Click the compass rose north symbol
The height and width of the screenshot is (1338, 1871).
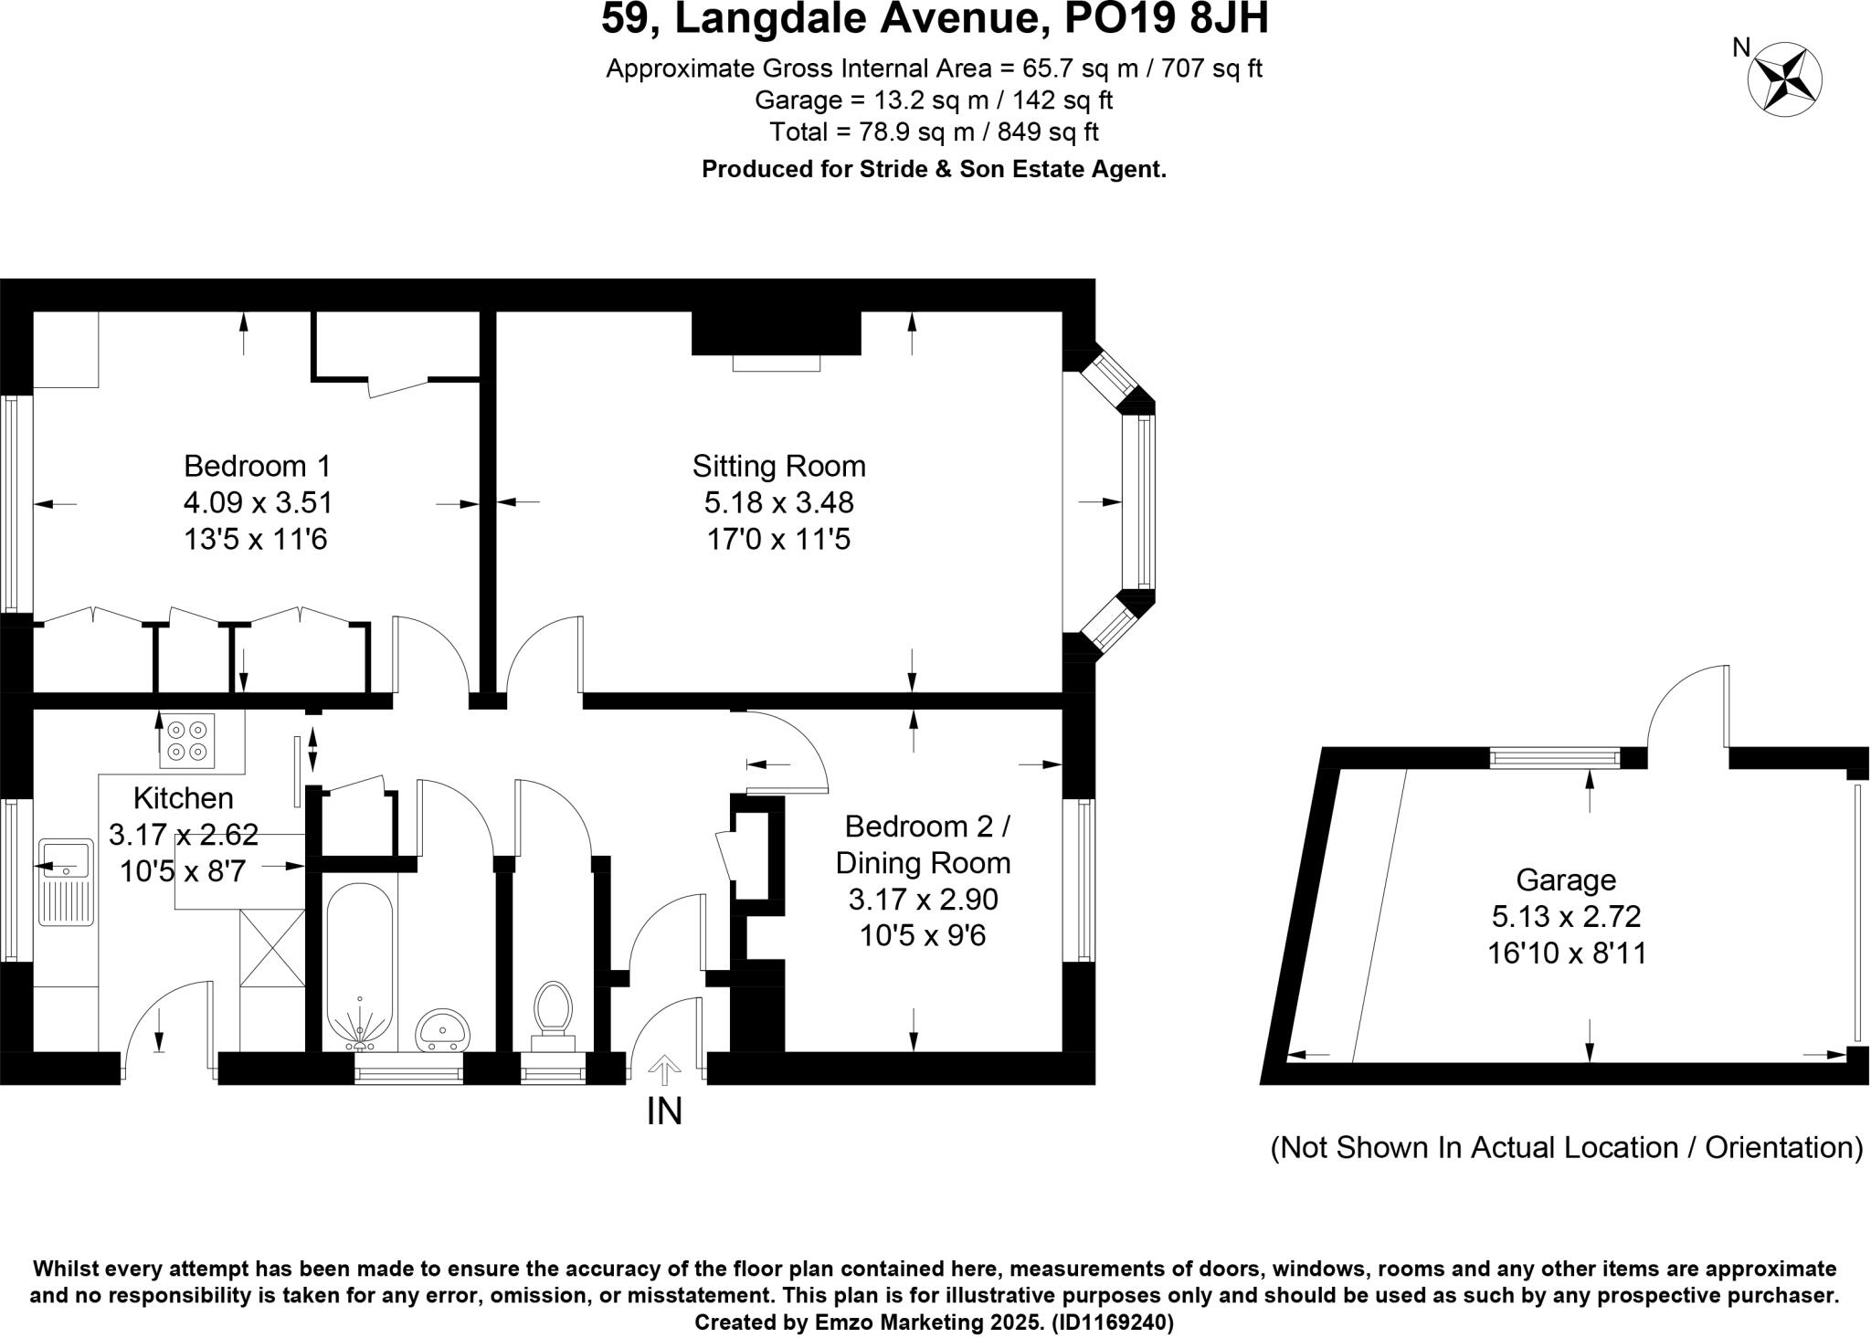click(1784, 80)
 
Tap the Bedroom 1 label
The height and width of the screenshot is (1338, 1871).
click(257, 466)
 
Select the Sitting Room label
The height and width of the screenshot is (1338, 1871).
click(778, 466)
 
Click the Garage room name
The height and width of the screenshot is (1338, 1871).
click(1566, 880)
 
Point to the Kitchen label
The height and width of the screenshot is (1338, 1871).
click(183, 798)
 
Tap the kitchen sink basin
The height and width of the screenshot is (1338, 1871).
click(64, 859)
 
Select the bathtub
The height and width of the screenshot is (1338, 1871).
click(360, 964)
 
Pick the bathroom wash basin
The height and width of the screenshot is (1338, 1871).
click(443, 1029)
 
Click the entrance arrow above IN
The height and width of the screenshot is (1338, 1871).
click(664, 1069)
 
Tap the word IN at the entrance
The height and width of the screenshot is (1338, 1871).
click(664, 1111)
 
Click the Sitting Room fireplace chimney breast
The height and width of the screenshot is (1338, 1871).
click(777, 333)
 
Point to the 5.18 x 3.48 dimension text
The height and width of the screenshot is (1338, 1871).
click(778, 502)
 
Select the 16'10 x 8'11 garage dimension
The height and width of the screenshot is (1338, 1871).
click(1567, 953)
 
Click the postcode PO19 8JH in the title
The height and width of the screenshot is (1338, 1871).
click(1168, 19)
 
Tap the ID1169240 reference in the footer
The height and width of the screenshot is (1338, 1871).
click(1112, 1322)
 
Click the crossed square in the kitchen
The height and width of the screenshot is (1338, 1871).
click(272, 947)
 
